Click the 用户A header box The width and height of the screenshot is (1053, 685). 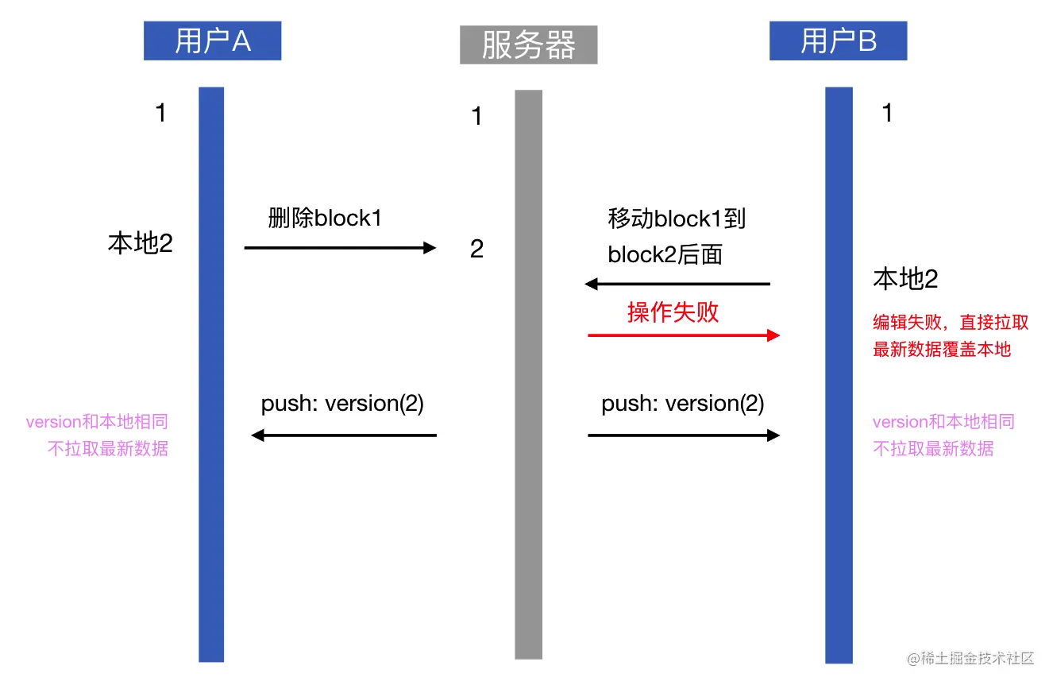212,41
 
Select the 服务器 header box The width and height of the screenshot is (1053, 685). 528,45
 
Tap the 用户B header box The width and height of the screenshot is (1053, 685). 838,41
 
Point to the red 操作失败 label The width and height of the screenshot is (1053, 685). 673,312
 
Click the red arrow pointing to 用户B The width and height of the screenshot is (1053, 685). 683,335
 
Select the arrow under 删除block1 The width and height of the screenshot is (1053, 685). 340,248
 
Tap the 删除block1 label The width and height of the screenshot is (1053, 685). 325,218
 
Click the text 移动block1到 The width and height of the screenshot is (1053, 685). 677,218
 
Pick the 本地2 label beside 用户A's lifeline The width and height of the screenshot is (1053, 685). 140,243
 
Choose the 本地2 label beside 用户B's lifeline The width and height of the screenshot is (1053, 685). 905,278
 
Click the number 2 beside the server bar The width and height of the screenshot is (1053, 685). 476,250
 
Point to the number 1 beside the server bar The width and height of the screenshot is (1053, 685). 476,117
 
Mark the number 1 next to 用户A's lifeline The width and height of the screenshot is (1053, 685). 160,113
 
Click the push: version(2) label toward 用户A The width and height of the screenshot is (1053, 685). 342,404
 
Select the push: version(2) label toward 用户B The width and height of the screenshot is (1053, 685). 682,404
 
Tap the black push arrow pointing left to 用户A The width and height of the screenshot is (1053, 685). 344,435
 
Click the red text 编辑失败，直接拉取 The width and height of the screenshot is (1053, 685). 951,322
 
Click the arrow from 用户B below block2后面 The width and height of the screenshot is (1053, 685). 677,284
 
